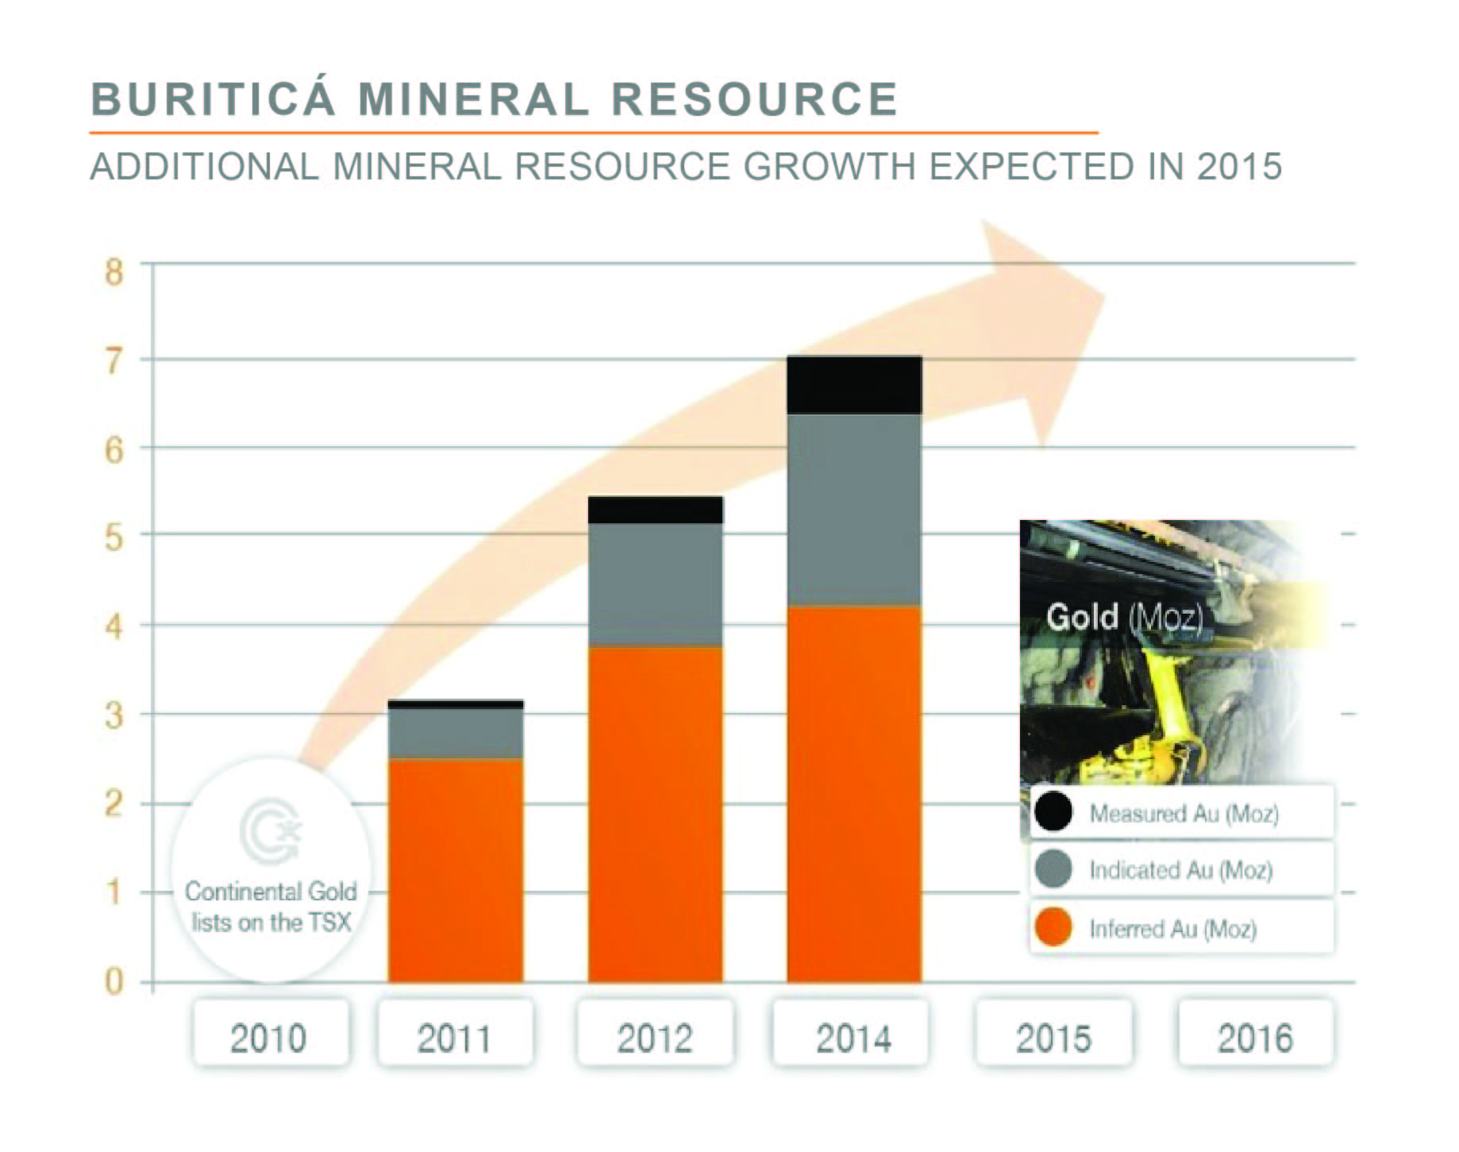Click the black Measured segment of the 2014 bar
pos(854,385)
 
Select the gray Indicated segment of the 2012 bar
pos(655,584)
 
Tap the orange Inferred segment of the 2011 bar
pos(456,870)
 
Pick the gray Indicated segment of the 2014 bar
pos(854,510)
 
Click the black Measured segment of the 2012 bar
pos(655,510)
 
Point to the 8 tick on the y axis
pos(114,272)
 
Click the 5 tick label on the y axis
pos(114,538)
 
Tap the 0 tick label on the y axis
pos(114,982)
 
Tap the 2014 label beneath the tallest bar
pos(853,1037)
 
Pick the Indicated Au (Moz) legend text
pos(1180,870)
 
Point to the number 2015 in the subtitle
pos(1239,167)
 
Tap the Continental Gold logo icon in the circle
pos(271,832)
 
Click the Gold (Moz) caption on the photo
pos(1124,617)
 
